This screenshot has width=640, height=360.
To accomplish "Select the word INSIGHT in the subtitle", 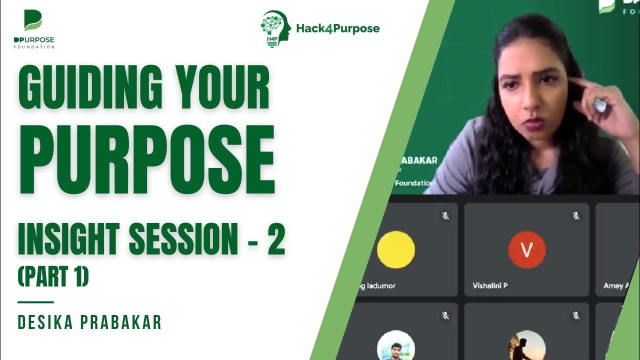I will (69, 239).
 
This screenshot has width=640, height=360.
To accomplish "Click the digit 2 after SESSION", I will (275, 239).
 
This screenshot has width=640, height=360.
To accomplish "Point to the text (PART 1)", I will (53, 277).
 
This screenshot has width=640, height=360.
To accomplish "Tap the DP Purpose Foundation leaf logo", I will (33, 21).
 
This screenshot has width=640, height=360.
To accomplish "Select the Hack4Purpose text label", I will (337, 28).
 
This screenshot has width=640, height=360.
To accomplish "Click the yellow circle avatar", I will (395, 249).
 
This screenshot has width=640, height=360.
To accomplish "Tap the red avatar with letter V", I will (526, 249).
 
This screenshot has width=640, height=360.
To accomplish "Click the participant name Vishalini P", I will (490, 286).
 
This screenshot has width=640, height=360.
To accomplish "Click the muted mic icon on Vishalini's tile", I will (576, 216).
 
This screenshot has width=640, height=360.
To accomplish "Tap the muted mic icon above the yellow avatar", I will (445, 216).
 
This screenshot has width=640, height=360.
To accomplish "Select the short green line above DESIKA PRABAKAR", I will (35, 302).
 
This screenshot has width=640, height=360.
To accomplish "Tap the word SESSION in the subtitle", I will (182, 239).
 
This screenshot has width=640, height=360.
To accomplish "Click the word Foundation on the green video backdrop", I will (414, 183).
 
